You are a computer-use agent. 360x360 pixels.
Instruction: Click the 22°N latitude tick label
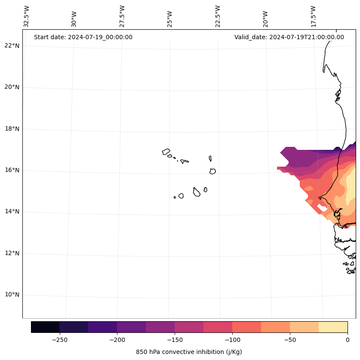12,46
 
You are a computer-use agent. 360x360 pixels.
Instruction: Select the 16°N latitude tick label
12,171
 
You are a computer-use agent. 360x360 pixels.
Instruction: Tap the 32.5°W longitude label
27,16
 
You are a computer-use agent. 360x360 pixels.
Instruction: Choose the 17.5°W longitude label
314,16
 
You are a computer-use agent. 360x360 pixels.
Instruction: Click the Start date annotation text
83,37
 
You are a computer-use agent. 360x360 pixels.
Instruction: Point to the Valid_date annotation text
289,37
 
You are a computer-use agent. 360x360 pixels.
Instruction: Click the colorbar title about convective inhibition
189,352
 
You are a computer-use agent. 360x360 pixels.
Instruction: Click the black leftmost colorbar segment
45,327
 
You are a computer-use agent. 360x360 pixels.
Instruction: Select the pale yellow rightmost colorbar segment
333,327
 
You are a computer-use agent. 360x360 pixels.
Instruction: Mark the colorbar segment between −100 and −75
246,327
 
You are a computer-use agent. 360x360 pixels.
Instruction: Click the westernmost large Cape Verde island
166,152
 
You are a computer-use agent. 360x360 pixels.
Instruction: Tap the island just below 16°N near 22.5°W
212,171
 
